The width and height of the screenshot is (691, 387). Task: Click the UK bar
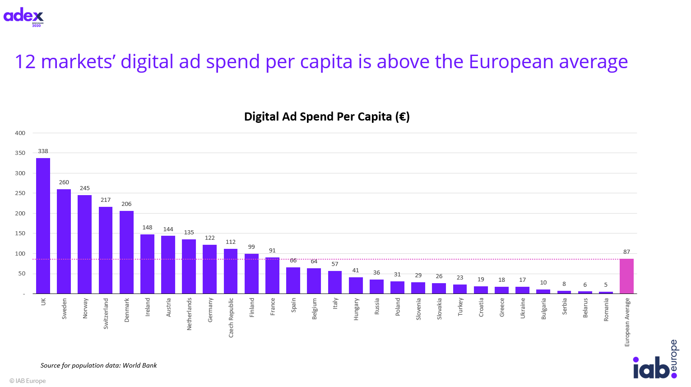[x=43, y=226]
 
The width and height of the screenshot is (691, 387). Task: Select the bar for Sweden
[x=64, y=242]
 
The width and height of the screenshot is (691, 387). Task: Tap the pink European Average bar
[x=626, y=276]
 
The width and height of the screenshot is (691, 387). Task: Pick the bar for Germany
[x=209, y=269]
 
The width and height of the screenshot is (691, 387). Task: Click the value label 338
[x=43, y=151]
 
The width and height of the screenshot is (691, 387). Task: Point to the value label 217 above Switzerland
[x=106, y=200]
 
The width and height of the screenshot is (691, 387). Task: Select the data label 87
[x=626, y=252]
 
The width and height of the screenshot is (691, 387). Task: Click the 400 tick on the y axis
[x=20, y=133]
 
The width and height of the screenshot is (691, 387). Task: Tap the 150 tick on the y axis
[x=20, y=233]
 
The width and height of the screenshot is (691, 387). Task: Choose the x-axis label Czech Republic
[x=231, y=317]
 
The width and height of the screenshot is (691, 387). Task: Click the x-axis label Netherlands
[x=189, y=314]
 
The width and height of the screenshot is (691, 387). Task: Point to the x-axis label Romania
[x=606, y=310]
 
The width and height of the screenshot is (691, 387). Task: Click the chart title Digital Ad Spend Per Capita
[x=327, y=117]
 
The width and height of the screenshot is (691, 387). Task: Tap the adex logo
[x=23, y=17]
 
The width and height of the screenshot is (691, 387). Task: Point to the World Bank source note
[x=99, y=365]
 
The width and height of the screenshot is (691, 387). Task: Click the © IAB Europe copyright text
[x=28, y=381]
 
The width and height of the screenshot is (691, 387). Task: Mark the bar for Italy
[x=335, y=282]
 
